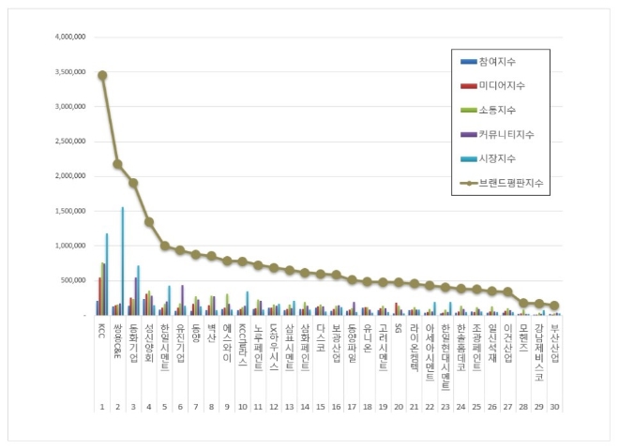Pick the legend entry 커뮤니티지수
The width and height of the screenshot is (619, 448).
coord(507,135)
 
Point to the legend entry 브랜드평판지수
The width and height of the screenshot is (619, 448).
coord(510,184)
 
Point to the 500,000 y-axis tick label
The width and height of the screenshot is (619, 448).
coord(74,280)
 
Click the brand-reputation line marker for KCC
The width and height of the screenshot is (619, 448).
coord(102,75)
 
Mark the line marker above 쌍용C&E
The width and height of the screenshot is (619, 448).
coord(117,164)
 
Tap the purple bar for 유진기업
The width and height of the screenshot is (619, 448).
coord(182,300)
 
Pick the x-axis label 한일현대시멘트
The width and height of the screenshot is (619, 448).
coord(445,348)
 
